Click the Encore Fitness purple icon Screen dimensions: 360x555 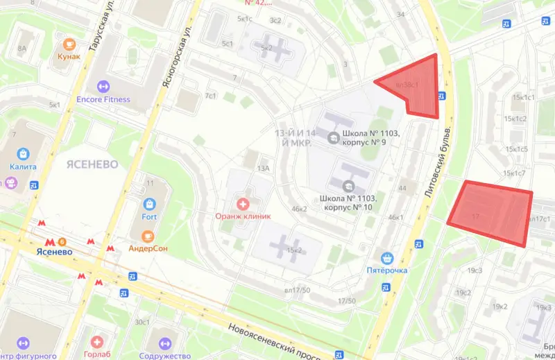(x=103, y=86)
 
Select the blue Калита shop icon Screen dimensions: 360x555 (x=24, y=153)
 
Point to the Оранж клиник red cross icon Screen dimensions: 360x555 (x=243, y=203)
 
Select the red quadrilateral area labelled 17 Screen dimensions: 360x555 (x=489, y=211)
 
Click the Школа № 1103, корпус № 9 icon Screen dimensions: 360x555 (x=334, y=137)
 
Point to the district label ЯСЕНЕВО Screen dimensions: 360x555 (x=93, y=164)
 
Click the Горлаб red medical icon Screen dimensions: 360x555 (x=98, y=342)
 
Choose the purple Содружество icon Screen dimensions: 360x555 (x=165, y=342)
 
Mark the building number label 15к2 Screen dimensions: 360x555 (x=296, y=250)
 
